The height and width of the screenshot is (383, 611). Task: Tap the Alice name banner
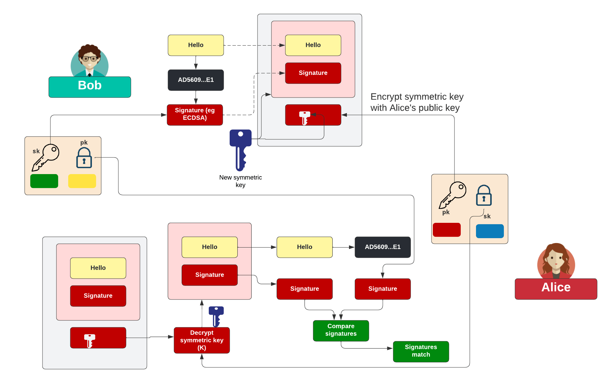[x=556, y=289]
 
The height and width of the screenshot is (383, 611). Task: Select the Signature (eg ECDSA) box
[x=195, y=115]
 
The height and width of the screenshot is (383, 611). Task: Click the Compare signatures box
[x=341, y=330]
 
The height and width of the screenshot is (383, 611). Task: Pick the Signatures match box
[x=421, y=351]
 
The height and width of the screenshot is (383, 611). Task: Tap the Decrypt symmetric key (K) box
[x=202, y=340]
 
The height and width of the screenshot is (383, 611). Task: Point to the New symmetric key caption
[x=240, y=181]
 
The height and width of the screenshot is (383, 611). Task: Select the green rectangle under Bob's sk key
[x=44, y=181]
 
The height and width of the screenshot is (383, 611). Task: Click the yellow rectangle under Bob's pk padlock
[x=82, y=181]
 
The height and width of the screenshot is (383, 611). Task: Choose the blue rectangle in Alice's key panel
[x=490, y=231]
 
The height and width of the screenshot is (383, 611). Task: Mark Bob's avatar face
[x=89, y=60]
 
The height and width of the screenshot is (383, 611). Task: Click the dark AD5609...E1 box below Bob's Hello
[x=196, y=80]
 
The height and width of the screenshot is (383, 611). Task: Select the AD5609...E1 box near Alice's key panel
[x=382, y=247]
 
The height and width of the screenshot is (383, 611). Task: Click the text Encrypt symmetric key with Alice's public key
[x=416, y=102]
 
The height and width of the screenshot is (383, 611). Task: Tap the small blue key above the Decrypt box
[x=216, y=316]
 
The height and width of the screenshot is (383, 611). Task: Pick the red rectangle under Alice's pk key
[x=446, y=230]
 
